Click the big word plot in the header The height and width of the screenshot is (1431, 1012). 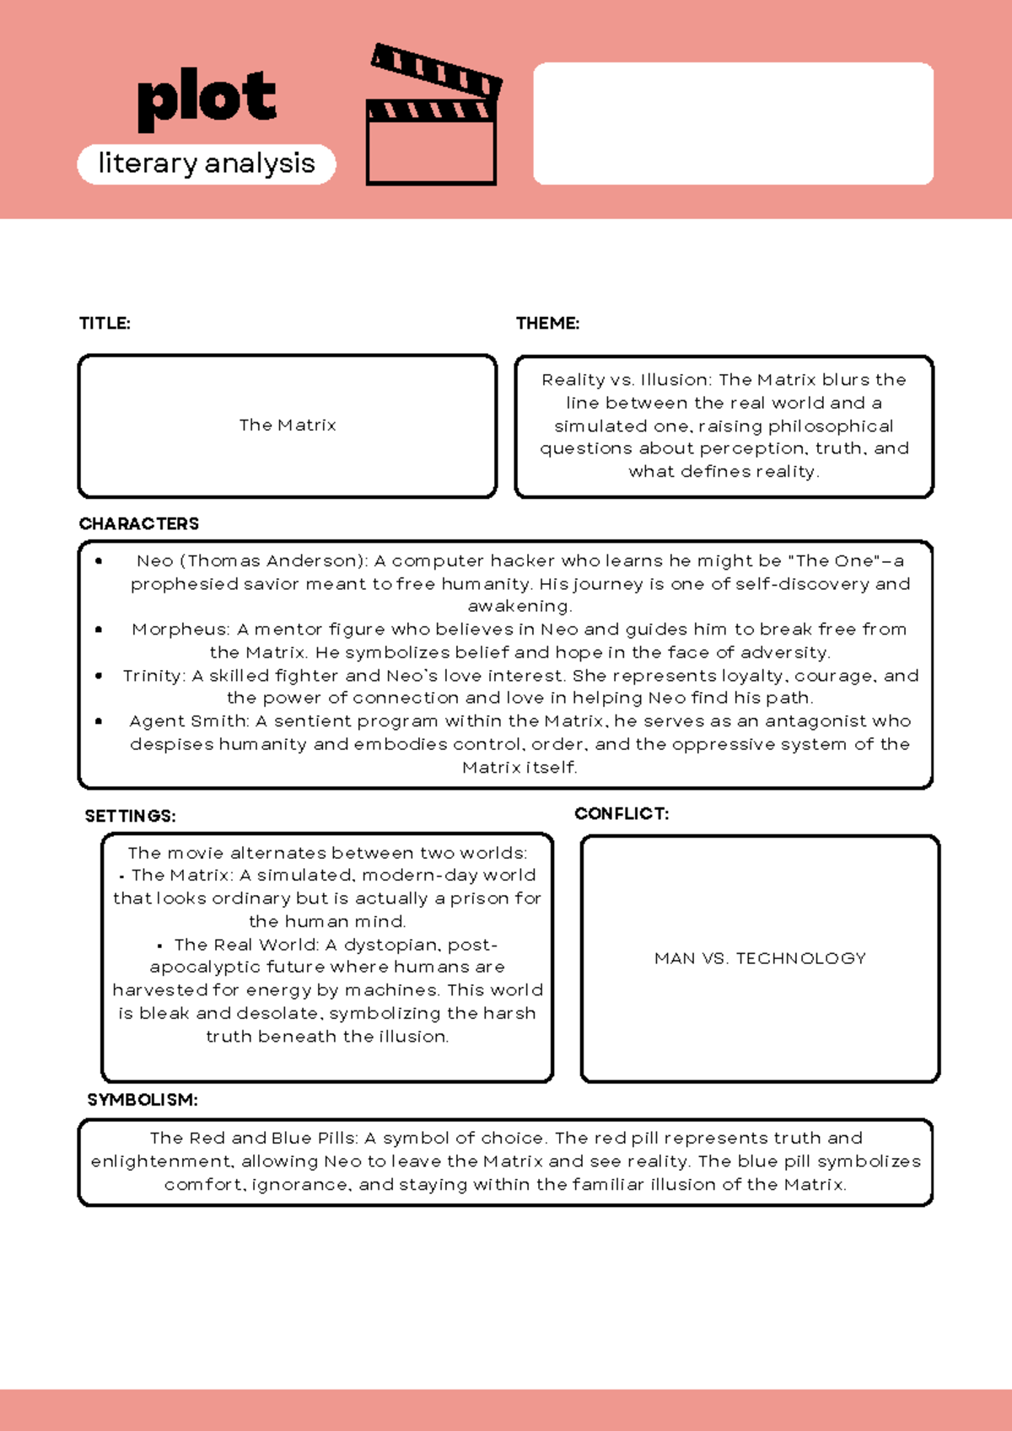207,99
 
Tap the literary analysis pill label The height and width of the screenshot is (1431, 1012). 207,163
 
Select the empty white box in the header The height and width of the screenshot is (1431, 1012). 733,123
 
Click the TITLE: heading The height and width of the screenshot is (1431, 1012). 105,324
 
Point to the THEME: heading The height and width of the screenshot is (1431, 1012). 547,324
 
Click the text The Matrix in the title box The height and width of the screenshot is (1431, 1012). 288,426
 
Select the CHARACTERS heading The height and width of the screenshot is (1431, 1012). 139,524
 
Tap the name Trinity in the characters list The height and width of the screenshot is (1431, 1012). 153,676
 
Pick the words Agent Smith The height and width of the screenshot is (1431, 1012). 188,721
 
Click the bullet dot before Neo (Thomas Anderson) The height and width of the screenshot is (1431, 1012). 99,560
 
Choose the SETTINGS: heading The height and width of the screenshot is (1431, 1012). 130,817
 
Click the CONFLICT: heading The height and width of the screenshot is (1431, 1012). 622,814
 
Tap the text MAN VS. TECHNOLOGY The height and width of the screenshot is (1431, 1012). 760,959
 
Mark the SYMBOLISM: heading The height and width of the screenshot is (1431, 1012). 143,1101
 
